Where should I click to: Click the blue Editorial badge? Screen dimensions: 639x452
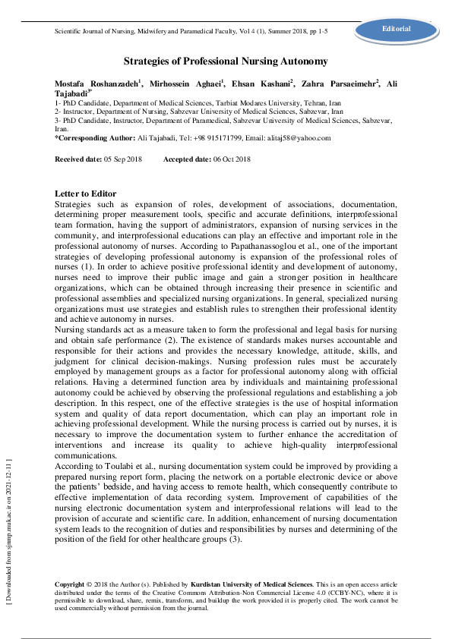[x=397, y=29]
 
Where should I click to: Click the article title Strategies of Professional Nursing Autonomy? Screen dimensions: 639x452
[x=226, y=61]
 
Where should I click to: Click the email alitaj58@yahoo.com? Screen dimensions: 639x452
[x=293, y=138]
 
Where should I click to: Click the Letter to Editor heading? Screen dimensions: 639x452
[x=86, y=194]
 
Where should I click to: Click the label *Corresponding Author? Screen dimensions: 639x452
[x=86, y=138]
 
